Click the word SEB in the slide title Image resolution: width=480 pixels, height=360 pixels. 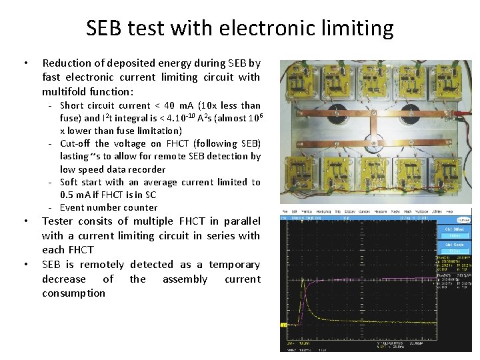[x=106, y=29]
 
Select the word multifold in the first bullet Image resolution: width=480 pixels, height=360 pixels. [x=65, y=91]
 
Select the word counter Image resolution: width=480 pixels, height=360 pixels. [x=140, y=207]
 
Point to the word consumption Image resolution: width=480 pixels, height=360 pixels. [x=73, y=293]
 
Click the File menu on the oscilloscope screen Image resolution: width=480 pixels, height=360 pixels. [x=284, y=212]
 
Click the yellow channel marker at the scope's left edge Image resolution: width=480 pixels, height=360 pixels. [x=283, y=324]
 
